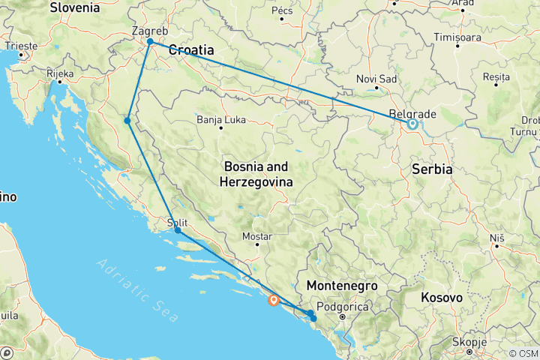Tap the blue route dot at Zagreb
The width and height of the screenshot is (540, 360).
pos(151,42)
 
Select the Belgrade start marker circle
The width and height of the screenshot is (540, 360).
pos(412,124)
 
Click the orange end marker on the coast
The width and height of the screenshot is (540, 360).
pos(274,301)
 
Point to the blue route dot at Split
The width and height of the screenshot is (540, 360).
pos(178,231)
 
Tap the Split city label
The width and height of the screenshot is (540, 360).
pos(177,222)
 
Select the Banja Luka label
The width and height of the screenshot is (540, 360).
pos(220,119)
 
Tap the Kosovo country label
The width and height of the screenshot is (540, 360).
pos(442,298)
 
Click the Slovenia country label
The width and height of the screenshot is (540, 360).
pos(73,8)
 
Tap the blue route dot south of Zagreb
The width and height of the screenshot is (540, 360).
pos(128,121)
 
